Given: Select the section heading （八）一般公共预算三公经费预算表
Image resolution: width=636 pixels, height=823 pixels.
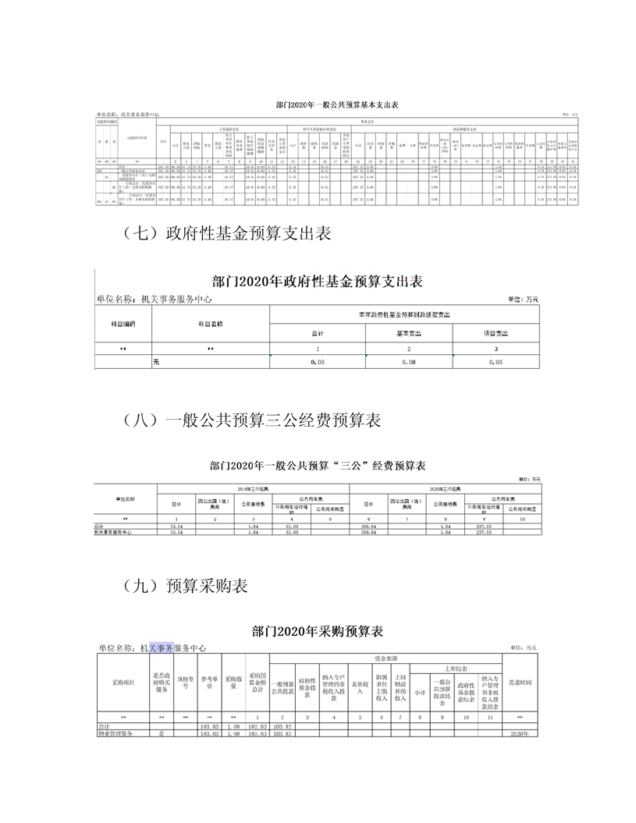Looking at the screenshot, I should click(x=252, y=420).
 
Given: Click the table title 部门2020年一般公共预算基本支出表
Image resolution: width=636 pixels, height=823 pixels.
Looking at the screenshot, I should click(x=336, y=104).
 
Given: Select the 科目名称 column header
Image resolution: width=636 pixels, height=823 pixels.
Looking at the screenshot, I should click(x=210, y=323).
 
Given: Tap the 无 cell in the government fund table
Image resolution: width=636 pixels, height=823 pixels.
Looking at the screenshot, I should click(x=156, y=362).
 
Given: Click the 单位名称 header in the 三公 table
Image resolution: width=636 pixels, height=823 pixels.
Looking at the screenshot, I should click(x=125, y=498).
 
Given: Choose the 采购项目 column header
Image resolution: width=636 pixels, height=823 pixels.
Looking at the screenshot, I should click(x=123, y=682).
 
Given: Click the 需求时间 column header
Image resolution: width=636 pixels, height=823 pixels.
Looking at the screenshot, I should click(x=519, y=682).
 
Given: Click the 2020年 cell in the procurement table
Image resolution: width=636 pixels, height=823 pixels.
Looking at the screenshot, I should click(x=519, y=734).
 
